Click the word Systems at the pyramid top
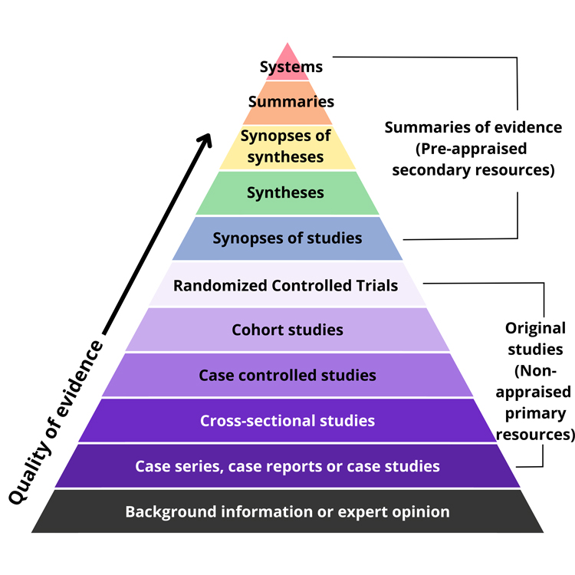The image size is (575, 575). [291, 67]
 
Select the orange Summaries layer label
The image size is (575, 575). [291, 101]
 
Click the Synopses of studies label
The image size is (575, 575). [287, 238]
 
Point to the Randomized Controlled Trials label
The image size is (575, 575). [285, 285]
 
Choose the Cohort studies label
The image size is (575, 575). [287, 330]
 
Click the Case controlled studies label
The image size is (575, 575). [287, 375]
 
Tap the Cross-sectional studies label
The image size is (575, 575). [287, 420]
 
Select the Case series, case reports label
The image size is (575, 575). [287, 465]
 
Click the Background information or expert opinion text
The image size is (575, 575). [287, 511]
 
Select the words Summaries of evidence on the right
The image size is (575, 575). [473, 127]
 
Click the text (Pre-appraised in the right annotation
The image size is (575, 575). [473, 149]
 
